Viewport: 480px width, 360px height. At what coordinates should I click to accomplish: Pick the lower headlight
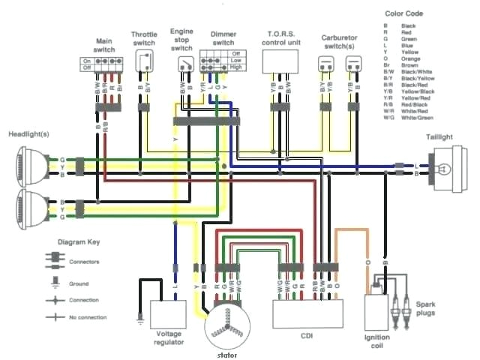[x=29, y=208]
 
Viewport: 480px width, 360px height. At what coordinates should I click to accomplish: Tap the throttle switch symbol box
[x=145, y=62]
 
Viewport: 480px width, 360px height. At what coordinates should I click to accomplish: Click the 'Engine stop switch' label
[x=181, y=40]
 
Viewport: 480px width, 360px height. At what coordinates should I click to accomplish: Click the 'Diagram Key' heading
[x=77, y=244]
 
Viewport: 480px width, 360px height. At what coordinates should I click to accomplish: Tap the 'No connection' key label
[x=84, y=317]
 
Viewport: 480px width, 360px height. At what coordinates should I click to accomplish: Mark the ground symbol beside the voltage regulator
[x=139, y=320]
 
